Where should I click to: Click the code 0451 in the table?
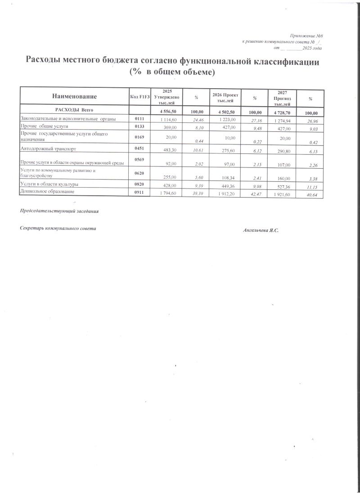(139, 148)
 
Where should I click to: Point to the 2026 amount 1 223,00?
(227, 119)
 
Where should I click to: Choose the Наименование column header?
(74, 97)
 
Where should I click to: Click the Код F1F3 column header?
(139, 97)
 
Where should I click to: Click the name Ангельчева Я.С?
(261, 230)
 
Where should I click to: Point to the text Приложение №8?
(306, 35)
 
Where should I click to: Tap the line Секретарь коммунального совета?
(58, 229)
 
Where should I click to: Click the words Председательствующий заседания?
(59, 211)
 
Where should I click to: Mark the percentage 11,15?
(311, 186)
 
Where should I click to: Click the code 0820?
(139, 184)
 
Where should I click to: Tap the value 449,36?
(227, 184)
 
